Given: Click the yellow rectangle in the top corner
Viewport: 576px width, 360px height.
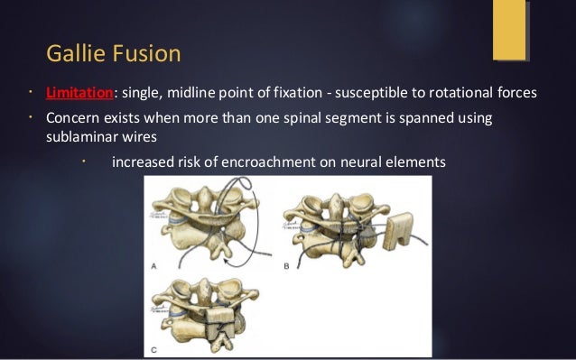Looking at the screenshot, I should coord(510,30).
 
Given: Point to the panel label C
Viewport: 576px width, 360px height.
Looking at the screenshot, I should coord(157,349).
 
